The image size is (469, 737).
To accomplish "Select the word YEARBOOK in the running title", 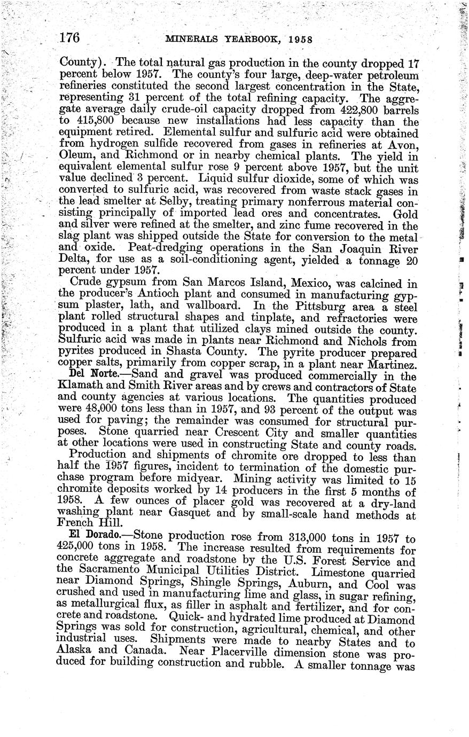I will tap(254, 40).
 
